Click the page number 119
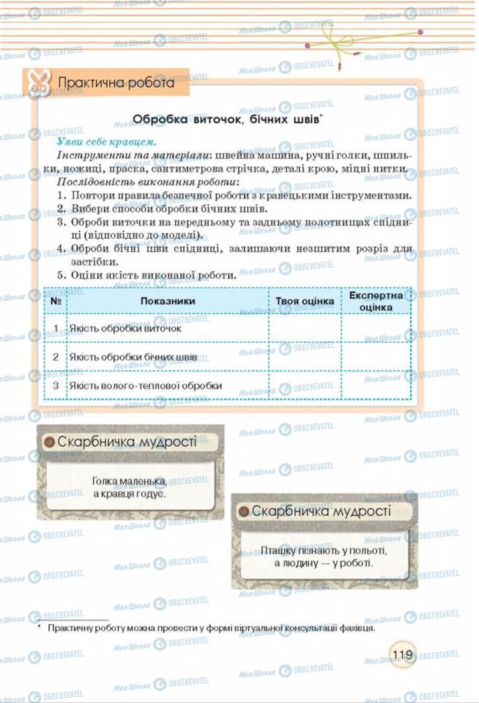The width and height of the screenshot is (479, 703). tap(403, 653)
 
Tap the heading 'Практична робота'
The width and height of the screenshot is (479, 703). tap(116, 83)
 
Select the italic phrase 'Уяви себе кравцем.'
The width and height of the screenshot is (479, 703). tap(107, 142)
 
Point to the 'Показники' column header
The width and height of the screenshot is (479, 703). tap(167, 301)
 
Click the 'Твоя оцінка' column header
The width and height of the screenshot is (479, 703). tap(305, 301)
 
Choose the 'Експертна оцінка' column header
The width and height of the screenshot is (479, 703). tap(376, 301)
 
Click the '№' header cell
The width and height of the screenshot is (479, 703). tap(56, 301)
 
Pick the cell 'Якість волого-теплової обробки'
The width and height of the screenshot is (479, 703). tap(145, 386)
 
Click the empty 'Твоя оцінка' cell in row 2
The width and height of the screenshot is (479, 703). tap(305, 358)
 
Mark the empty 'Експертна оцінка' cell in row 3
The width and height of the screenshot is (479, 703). tap(376, 386)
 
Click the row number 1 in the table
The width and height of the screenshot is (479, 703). tap(56, 329)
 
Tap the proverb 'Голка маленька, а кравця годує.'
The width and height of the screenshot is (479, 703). tap(129, 487)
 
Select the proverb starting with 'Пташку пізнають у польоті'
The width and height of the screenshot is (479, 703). tap(324, 556)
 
